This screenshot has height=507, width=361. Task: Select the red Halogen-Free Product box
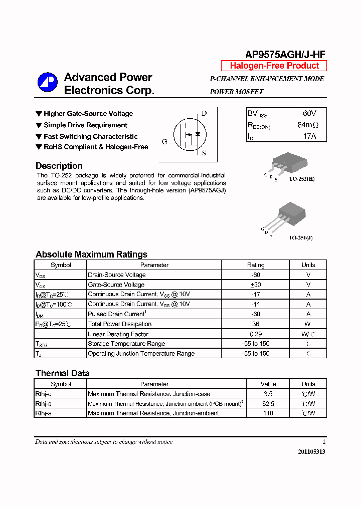(274, 66)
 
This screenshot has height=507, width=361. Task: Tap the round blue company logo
(48, 83)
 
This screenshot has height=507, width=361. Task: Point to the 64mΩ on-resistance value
(307, 125)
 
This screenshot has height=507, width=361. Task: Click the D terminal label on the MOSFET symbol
(204, 113)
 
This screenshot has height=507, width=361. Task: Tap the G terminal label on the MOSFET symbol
(164, 142)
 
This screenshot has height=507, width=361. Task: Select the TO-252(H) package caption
(301, 178)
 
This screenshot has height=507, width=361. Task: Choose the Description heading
(59, 166)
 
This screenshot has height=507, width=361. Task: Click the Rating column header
(256, 265)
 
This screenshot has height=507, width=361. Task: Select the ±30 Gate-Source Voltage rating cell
(256, 285)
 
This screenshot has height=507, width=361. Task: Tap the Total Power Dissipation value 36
(256, 324)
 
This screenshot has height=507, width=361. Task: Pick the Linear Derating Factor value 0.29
(256, 334)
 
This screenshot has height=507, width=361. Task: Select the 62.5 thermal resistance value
(268, 403)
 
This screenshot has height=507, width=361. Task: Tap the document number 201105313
(311, 451)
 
